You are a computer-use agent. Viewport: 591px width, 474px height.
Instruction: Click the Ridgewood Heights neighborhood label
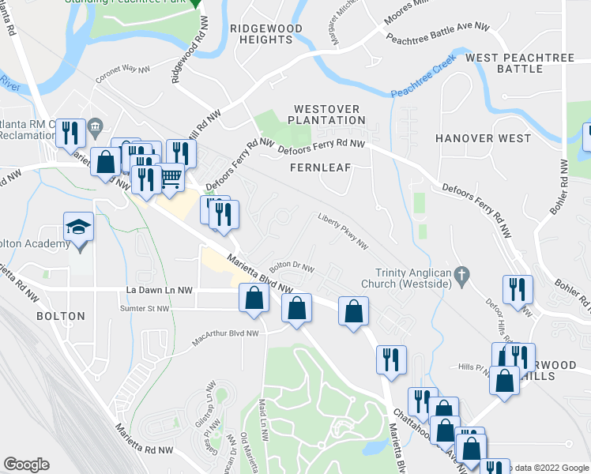(x=266, y=33)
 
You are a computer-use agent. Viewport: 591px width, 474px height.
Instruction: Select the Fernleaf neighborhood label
(x=319, y=167)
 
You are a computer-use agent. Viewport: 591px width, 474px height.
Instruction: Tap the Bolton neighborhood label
(x=60, y=316)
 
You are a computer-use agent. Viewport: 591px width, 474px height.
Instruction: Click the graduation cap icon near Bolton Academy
(x=78, y=228)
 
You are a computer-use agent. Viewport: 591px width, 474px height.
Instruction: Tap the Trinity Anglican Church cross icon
(x=465, y=276)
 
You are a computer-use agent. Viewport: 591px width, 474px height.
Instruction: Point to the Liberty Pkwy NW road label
(x=343, y=230)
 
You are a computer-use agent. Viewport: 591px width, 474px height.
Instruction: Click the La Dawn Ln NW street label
(x=159, y=290)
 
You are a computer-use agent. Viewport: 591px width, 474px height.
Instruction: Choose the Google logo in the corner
(x=27, y=464)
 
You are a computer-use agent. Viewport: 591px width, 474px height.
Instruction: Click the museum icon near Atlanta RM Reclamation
(x=96, y=125)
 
